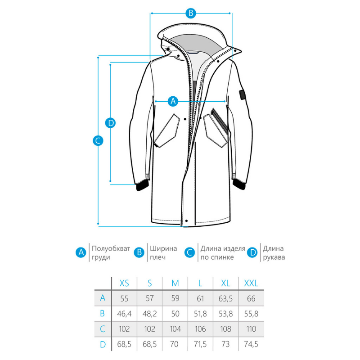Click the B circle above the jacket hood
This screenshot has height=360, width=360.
click(191, 13)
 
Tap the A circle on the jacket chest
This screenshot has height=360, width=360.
click(173, 101)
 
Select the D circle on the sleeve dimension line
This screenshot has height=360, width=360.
click(110, 123)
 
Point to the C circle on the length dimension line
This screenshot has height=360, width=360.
click(98, 140)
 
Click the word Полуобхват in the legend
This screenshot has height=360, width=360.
click(111, 248)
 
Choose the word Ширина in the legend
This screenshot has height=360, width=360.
click(163, 248)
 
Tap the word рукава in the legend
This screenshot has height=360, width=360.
click(274, 257)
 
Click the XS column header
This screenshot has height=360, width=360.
click(124, 283)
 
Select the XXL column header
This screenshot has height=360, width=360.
click(251, 283)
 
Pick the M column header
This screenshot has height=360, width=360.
click(175, 283)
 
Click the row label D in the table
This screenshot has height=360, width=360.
click(103, 344)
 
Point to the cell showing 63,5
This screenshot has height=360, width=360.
click(225, 298)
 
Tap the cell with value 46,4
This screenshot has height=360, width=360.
click(124, 314)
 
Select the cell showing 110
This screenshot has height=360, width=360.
click(251, 329)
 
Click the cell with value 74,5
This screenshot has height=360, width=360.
click(251, 344)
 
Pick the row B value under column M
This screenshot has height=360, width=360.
click(175, 314)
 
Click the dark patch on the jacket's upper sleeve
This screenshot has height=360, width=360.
click(242, 94)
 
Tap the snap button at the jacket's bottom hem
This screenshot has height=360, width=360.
click(186, 221)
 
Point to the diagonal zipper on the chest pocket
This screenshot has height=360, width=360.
click(219, 120)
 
